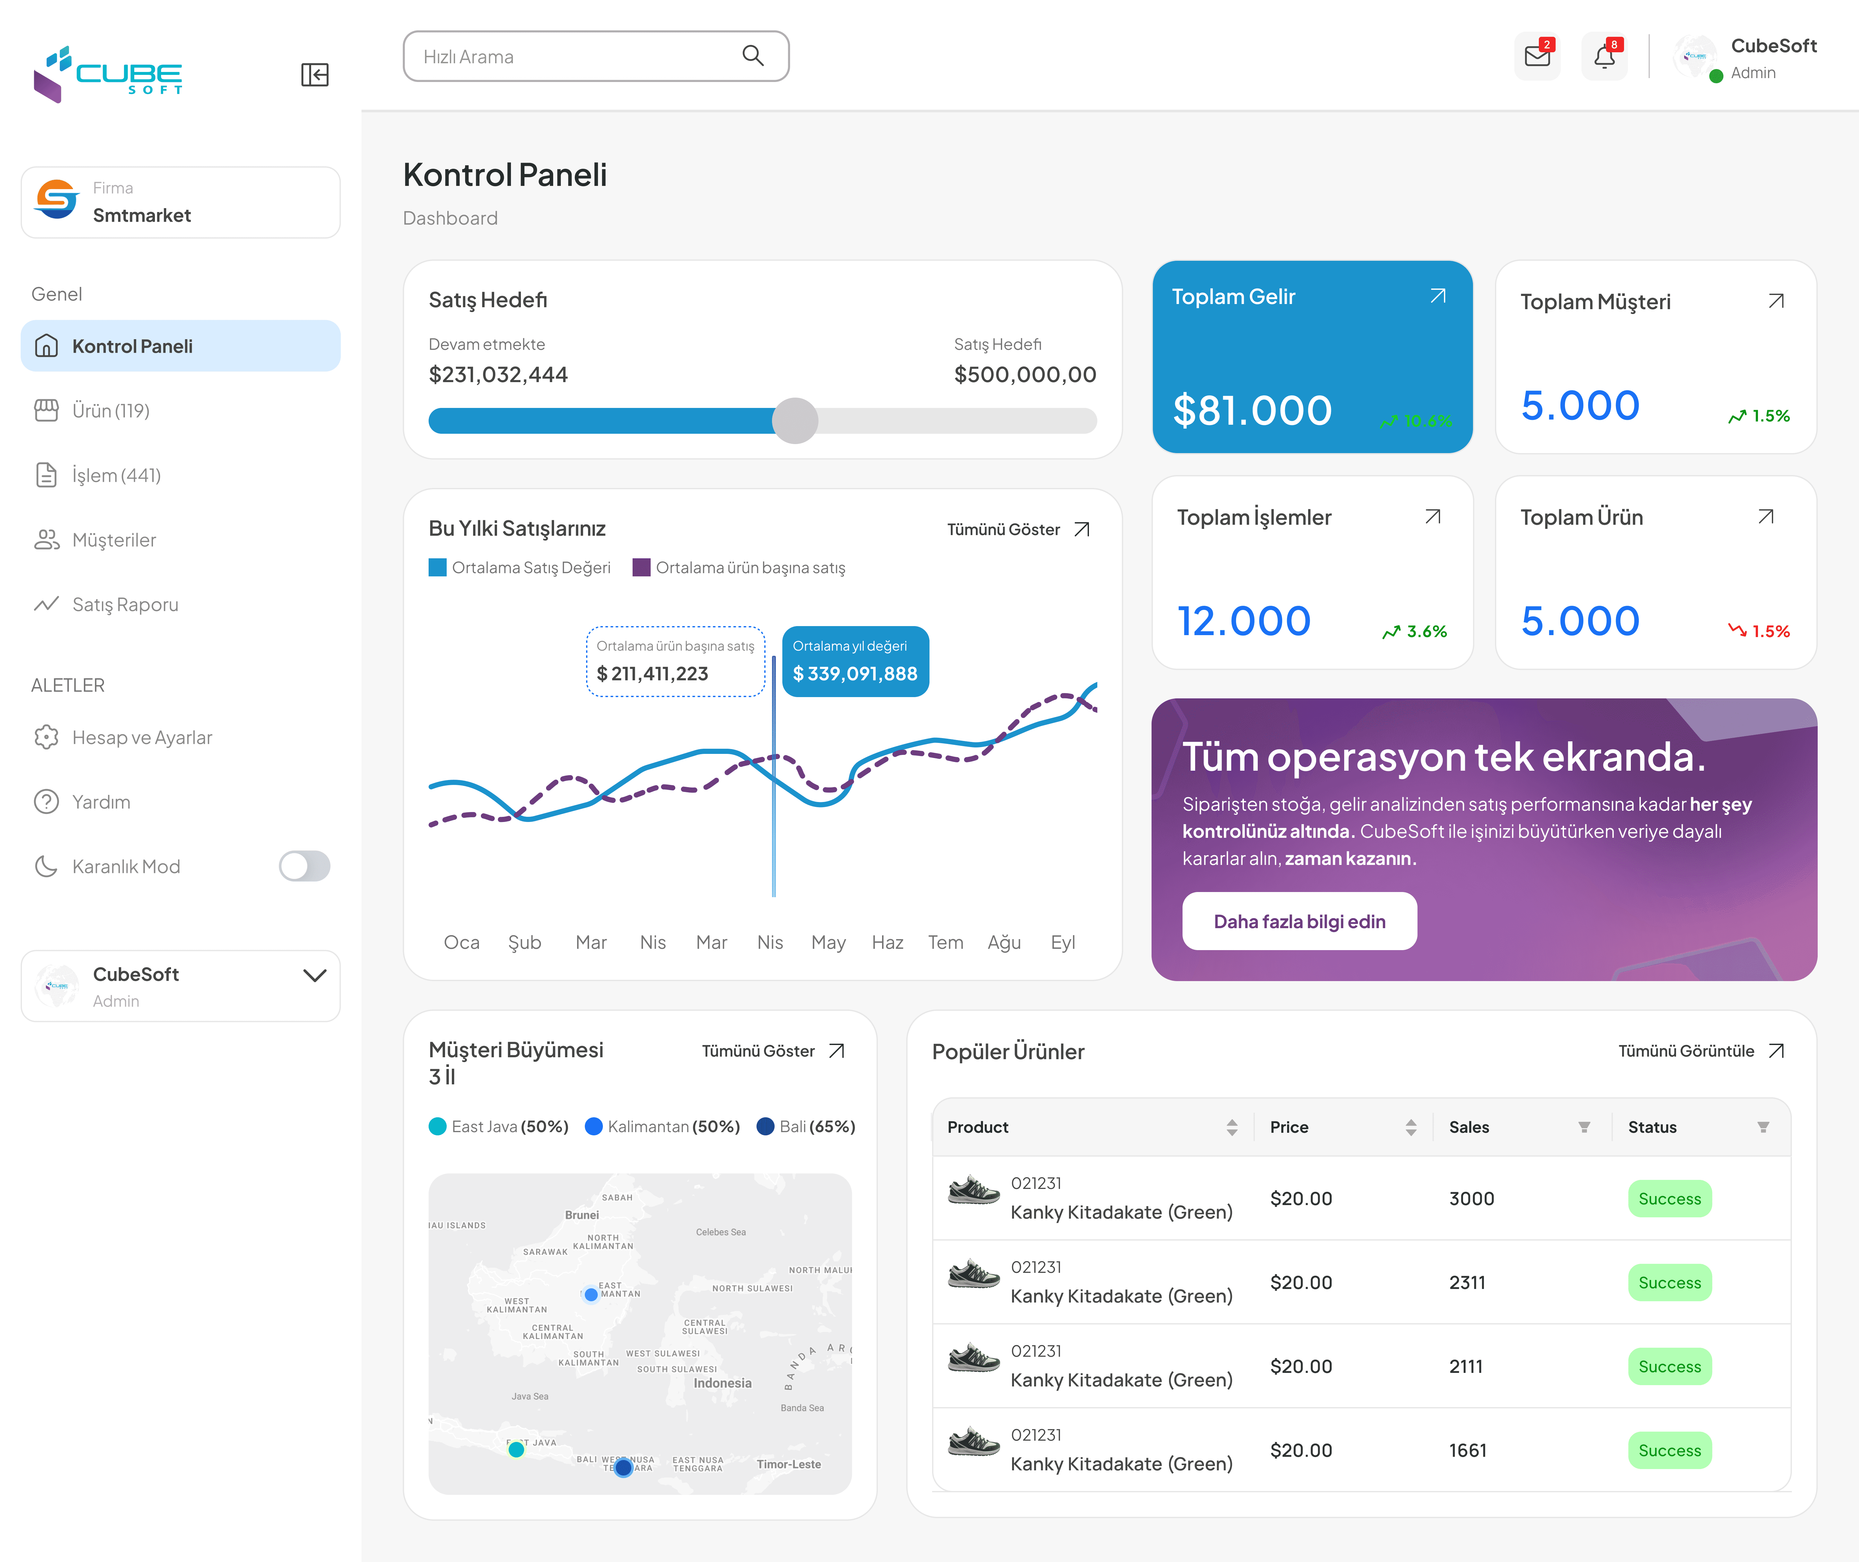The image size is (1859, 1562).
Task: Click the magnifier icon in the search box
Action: pos(753,56)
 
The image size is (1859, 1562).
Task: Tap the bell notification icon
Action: pos(1604,57)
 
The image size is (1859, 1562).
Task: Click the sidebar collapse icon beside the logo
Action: pos(314,74)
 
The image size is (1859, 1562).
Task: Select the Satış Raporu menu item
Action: pos(125,605)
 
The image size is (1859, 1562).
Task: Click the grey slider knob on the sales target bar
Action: pos(795,421)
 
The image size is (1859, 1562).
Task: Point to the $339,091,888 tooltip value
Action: pos(855,674)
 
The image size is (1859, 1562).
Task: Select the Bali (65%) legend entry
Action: pos(806,1126)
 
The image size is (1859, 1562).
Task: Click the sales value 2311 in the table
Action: pos(1467,1282)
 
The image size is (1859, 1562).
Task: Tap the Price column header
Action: pos(1289,1127)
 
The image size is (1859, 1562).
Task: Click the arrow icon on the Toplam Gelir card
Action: pos(1437,297)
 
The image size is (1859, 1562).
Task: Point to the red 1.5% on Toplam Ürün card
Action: pos(1770,631)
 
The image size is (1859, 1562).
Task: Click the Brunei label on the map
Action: pos(582,1215)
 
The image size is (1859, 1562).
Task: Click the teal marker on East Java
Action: pos(516,1450)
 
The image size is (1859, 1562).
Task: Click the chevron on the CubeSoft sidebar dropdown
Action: pos(314,975)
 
